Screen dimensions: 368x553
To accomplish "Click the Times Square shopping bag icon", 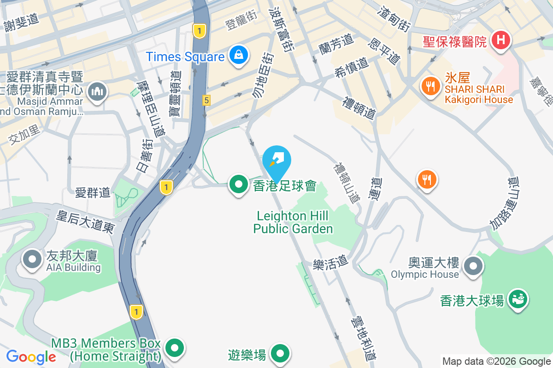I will pyautogui.click(x=239, y=55).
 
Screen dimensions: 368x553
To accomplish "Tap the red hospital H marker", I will pyautogui.click(x=501, y=40).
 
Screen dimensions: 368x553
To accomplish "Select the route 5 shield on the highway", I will pyautogui.click(x=206, y=100).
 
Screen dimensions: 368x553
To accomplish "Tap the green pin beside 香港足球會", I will pyautogui.click(x=239, y=185).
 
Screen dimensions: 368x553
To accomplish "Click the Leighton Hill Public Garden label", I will pyautogui.click(x=293, y=222).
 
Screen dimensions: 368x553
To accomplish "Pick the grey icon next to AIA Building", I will pyautogui.click(x=32, y=259).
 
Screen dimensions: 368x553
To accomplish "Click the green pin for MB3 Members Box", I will pyautogui.click(x=175, y=348).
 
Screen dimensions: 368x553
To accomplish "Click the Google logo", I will pyautogui.click(x=31, y=357).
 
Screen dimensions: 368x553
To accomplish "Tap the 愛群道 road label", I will pyautogui.click(x=93, y=192).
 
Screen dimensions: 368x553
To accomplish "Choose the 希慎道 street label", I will pyautogui.click(x=351, y=68).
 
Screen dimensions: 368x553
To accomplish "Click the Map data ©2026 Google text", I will pyautogui.click(x=496, y=362).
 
